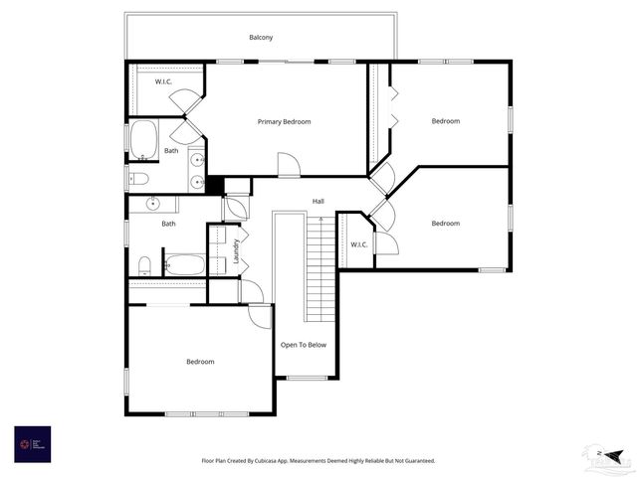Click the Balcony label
point(261,38)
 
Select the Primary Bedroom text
point(284,122)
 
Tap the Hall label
point(318,202)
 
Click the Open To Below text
point(304,345)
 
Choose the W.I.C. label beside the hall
point(358,244)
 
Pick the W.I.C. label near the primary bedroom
point(165,81)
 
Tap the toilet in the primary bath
point(138,179)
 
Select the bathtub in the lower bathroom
point(185,264)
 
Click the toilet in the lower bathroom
point(144,265)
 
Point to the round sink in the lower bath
point(153,204)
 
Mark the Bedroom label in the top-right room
point(445,121)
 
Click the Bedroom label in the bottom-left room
point(200,362)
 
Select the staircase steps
point(320,269)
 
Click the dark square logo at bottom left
point(32,443)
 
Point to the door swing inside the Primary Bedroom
point(288,166)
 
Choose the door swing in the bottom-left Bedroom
point(261,316)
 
